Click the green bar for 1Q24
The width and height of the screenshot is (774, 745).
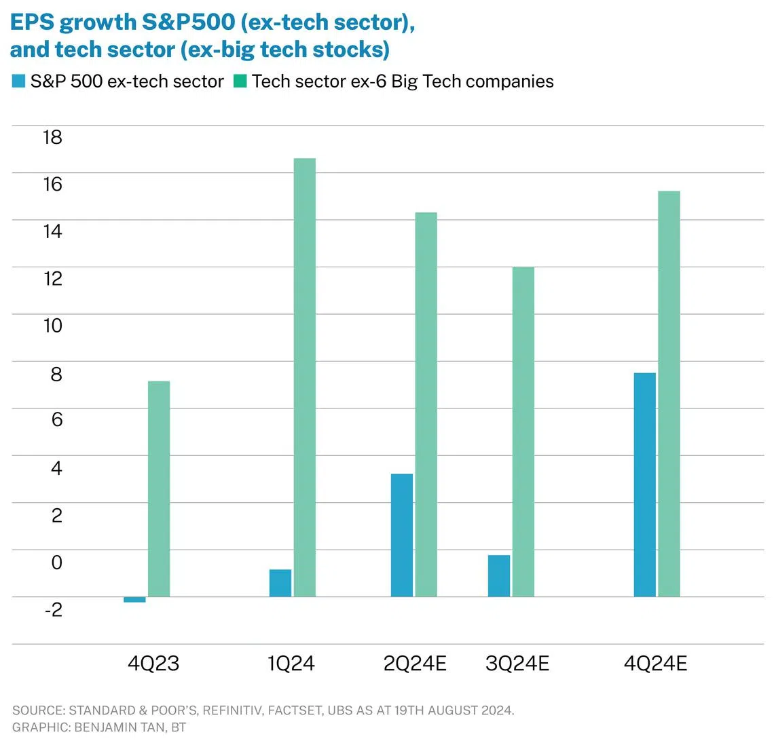304,377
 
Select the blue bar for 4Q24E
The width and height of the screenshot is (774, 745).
644,484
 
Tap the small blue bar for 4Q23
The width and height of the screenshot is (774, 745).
134,600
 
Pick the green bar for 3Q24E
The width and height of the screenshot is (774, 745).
523,432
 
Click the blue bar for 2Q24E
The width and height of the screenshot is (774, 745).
401,535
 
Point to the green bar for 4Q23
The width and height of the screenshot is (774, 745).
159,489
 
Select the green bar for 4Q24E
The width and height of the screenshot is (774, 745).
669,394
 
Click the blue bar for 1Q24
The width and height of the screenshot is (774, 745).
280,583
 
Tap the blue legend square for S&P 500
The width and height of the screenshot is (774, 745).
18,81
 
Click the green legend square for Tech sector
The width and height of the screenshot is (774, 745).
240,81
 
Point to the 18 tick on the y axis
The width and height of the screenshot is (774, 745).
52,137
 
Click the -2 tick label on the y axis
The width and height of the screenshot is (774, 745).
53,609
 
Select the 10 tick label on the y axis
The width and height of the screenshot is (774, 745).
52,326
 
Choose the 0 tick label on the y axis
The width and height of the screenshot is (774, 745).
56,562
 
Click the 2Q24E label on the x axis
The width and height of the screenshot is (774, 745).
415,663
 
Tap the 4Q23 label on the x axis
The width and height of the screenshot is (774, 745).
153,663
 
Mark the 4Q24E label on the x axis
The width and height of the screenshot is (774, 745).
655,663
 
